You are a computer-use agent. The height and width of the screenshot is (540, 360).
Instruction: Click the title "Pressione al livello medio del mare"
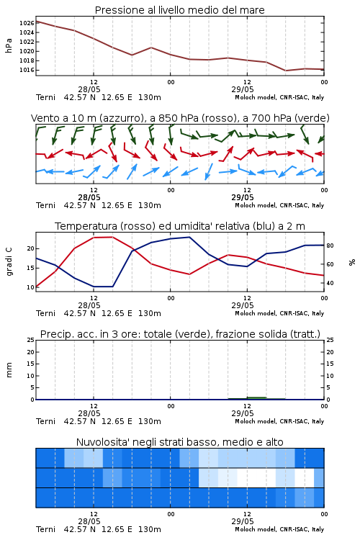click(x=179, y=10)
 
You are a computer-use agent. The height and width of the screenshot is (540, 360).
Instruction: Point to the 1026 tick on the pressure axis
click(x=27, y=23)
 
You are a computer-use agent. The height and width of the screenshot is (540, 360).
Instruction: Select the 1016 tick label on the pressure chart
click(x=27, y=70)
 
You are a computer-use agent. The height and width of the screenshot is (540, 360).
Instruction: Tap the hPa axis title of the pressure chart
click(x=9, y=45)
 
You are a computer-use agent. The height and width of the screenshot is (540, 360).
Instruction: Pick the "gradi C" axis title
click(x=9, y=261)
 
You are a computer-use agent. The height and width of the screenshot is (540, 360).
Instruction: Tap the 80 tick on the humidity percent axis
click(x=330, y=246)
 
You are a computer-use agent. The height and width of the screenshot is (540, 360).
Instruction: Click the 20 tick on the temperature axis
click(x=31, y=248)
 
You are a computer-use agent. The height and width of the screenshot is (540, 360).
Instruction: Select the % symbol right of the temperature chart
click(x=352, y=262)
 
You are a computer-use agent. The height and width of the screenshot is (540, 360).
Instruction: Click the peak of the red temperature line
click(x=112, y=237)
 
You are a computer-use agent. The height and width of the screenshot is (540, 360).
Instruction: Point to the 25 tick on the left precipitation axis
click(x=31, y=340)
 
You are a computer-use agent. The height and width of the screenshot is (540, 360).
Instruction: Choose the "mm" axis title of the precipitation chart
click(x=9, y=370)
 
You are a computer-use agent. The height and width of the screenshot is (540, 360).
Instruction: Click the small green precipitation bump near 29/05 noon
click(x=256, y=397)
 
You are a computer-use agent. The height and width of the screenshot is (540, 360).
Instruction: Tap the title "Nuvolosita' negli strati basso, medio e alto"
click(x=179, y=442)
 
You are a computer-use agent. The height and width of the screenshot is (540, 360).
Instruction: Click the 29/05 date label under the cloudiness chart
click(x=243, y=521)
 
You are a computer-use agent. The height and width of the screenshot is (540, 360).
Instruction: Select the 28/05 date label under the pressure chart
click(x=89, y=89)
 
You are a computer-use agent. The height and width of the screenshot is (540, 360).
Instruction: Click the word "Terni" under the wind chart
click(x=45, y=205)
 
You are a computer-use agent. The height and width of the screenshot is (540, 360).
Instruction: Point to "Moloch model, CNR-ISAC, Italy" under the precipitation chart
click(x=279, y=421)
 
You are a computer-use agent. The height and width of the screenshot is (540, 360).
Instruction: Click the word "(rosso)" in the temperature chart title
click(x=137, y=226)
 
